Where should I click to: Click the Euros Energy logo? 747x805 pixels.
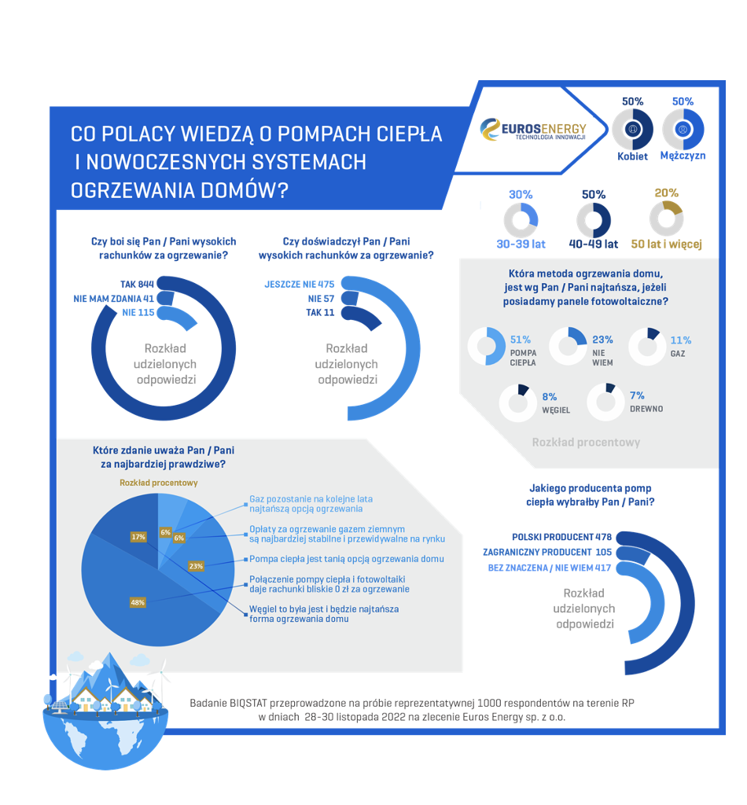(x=533, y=130)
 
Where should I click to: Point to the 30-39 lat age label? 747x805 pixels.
(x=521, y=244)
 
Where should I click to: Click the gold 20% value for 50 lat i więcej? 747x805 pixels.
(x=666, y=193)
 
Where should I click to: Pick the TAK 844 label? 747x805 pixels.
(x=137, y=285)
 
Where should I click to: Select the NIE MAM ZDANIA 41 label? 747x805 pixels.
(x=113, y=299)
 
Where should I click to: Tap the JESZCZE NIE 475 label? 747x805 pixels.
(x=300, y=285)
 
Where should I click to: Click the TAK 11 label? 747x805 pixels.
(x=320, y=313)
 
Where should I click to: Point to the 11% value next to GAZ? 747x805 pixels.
(x=681, y=340)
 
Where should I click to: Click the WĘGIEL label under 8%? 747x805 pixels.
(x=556, y=410)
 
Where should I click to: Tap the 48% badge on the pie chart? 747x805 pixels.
(x=138, y=603)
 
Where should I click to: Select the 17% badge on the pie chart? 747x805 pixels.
(x=138, y=537)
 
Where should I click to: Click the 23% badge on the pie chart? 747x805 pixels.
(x=196, y=566)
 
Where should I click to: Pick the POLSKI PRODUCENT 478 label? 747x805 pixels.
(x=561, y=537)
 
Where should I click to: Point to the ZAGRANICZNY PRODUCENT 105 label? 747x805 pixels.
(x=547, y=553)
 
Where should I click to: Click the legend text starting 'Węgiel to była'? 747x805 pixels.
(x=324, y=614)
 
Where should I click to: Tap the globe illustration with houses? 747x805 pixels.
(x=106, y=711)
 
